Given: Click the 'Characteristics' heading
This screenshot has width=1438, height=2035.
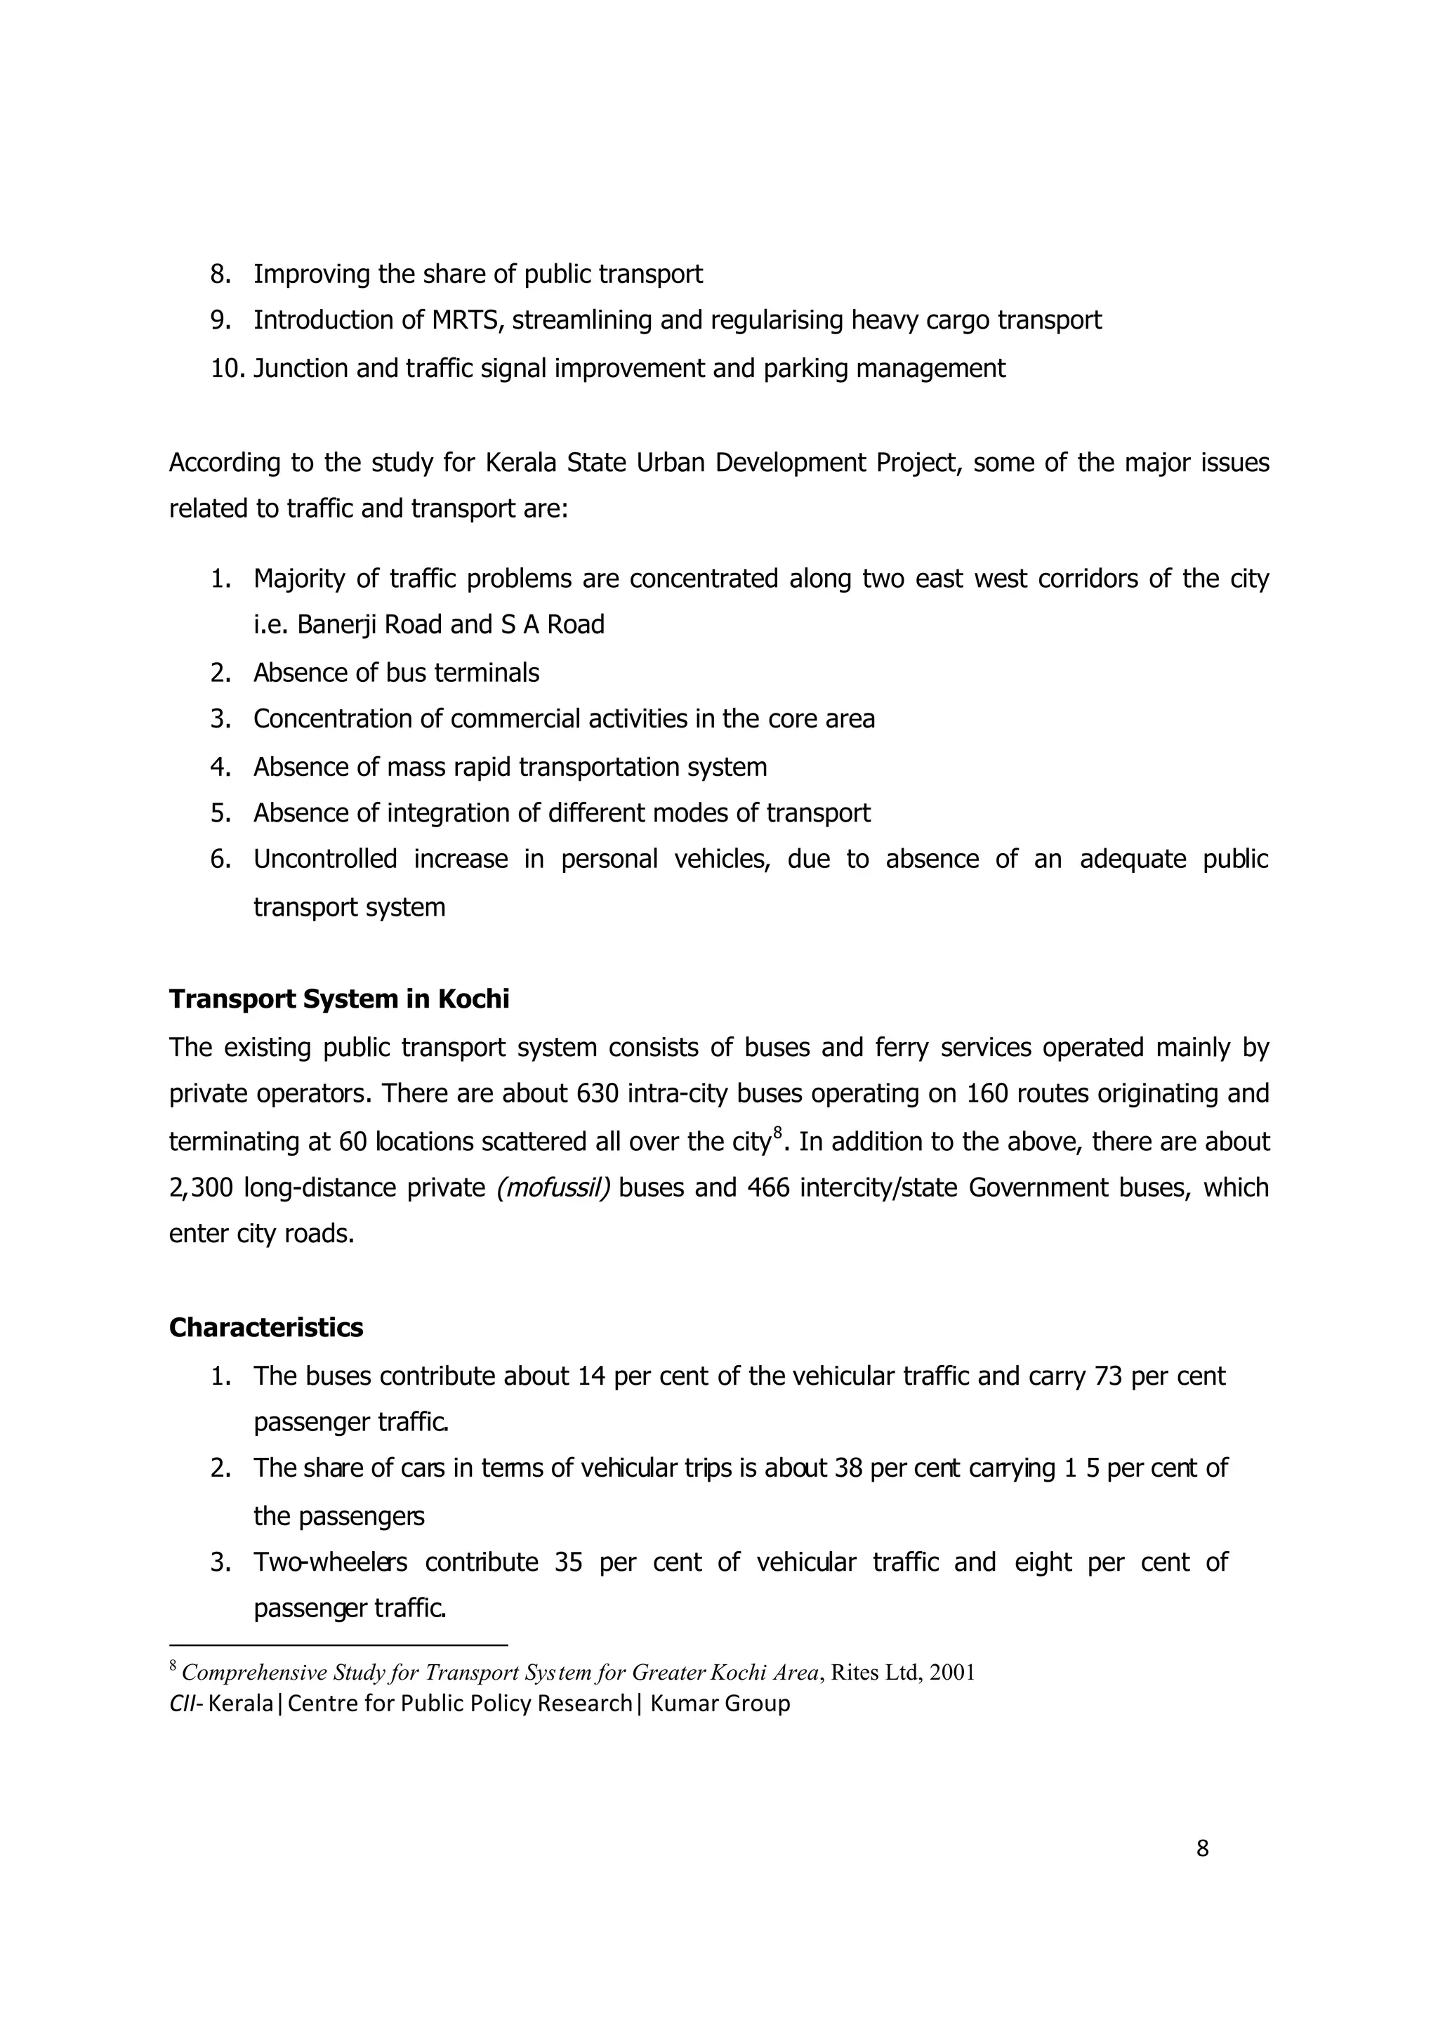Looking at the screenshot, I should pyautogui.click(x=266, y=1327).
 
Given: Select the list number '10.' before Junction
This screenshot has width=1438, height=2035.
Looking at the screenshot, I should pyautogui.click(x=227, y=368).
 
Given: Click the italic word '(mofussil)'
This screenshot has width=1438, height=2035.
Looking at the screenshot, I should pyautogui.click(x=553, y=1187).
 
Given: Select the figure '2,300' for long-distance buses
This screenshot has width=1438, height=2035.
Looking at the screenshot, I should pyautogui.click(x=200, y=1187).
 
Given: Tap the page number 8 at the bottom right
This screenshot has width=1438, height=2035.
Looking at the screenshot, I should pyautogui.click(x=1202, y=1849).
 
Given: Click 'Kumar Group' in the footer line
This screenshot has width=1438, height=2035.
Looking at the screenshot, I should pyautogui.click(x=720, y=1704).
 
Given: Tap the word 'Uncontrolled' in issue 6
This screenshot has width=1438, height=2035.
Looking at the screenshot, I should pyautogui.click(x=324, y=859).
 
